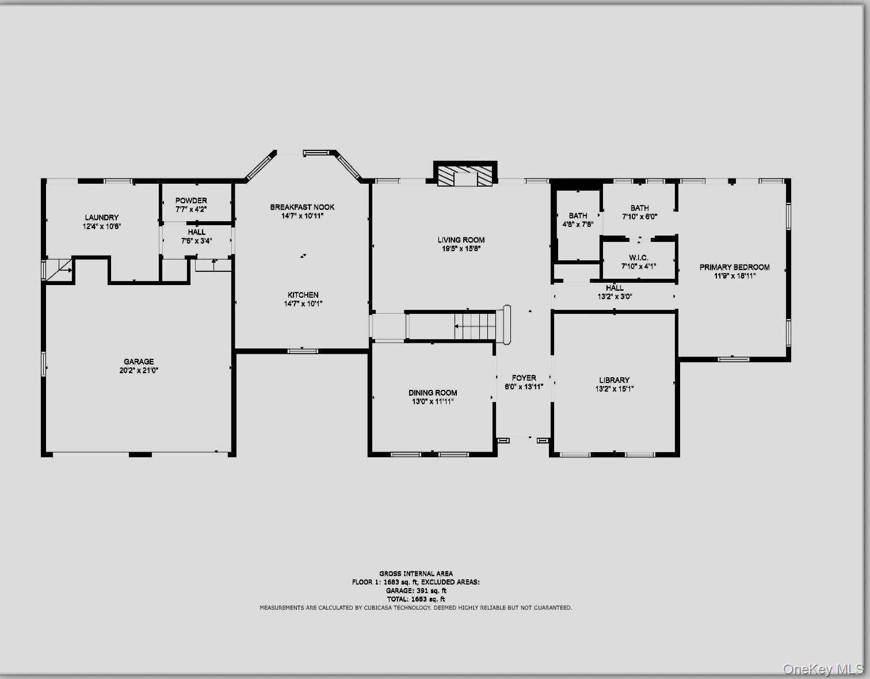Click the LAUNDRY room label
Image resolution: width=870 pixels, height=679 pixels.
(102, 218)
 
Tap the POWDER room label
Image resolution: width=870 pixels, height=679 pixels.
(191, 201)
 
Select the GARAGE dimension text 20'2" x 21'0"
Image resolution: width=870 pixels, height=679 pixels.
(139, 371)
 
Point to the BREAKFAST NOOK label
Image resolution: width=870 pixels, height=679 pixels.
(302, 207)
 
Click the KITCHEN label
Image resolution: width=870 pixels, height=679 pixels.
(303, 295)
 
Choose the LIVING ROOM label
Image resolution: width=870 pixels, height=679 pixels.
(461, 240)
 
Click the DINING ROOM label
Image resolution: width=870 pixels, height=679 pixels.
(433, 393)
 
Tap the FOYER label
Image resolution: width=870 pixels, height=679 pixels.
(524, 378)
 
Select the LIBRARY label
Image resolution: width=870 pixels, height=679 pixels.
(614, 380)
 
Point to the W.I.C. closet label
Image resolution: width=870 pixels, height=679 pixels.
(639, 258)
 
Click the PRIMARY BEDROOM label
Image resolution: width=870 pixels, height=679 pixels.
(734, 267)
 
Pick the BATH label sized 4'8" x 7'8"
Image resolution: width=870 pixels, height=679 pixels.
(578, 216)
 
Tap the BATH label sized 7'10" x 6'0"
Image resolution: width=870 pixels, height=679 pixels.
(639, 208)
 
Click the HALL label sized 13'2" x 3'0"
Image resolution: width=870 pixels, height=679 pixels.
(615, 288)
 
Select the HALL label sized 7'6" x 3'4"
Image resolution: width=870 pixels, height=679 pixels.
(196, 233)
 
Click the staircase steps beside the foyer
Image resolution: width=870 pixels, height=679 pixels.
(475, 327)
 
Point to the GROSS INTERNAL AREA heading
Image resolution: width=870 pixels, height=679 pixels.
(415, 574)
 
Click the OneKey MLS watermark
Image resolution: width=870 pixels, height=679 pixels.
(823, 669)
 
